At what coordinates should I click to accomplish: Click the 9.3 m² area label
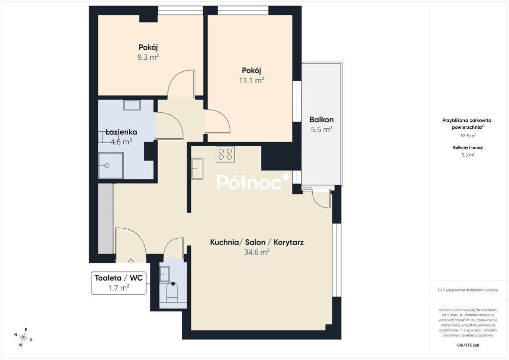[148, 57]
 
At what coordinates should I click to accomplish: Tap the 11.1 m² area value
[252, 80]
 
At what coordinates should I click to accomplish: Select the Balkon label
[322, 119]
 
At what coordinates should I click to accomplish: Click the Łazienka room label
[121, 132]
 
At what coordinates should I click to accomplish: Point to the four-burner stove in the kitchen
[225, 154]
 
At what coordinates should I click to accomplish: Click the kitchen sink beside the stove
[197, 169]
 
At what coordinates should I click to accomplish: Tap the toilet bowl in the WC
[172, 292]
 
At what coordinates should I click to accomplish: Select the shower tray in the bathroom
[111, 166]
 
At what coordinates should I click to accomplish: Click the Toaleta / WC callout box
[118, 283]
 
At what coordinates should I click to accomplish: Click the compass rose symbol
[23, 337]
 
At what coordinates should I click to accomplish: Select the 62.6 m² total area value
[468, 136]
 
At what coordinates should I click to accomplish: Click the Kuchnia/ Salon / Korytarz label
[257, 242]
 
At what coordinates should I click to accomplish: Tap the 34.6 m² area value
[257, 252]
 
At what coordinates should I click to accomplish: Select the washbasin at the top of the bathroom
[132, 105]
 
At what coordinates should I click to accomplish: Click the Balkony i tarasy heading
[468, 147]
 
